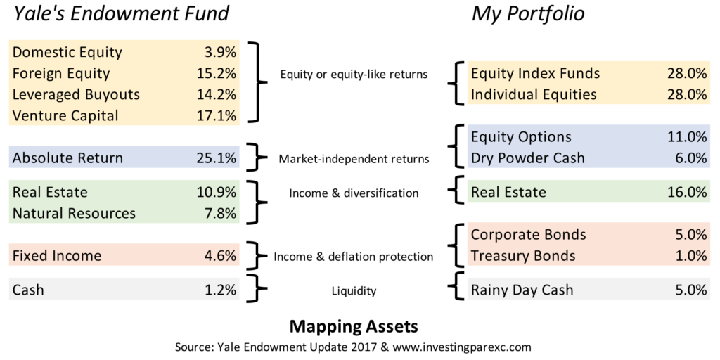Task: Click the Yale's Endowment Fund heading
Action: (x=121, y=14)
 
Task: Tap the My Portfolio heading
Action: (x=528, y=15)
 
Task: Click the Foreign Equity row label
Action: (x=62, y=73)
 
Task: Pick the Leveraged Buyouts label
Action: (x=76, y=95)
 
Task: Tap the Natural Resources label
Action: (x=75, y=214)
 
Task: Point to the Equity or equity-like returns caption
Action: (x=354, y=74)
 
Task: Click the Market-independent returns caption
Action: (x=354, y=160)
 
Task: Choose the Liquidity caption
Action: (x=354, y=290)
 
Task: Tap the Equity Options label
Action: (x=522, y=137)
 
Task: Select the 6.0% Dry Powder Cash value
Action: (x=690, y=158)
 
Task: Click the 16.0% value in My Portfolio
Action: (x=687, y=193)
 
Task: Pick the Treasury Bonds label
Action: (x=523, y=255)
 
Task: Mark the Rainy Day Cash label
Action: (x=522, y=290)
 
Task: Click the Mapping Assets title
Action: (x=354, y=327)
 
